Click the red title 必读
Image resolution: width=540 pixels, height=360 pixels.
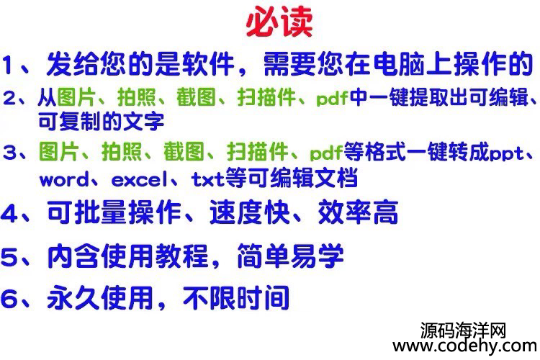tap(279, 22)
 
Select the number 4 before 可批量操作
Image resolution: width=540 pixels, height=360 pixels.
tap(9, 213)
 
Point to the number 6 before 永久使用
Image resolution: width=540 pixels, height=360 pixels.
tap(9, 298)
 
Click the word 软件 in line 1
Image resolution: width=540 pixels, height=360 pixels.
tap(208, 64)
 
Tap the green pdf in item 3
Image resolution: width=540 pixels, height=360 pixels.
tap(326, 153)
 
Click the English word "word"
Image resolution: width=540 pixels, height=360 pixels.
tap(64, 180)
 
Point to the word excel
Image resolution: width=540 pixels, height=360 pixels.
tap(140, 179)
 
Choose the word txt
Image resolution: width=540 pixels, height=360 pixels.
tap(207, 179)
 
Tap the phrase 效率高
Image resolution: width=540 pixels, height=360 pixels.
tap(358, 212)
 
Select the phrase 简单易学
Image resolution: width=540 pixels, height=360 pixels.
tap(291, 256)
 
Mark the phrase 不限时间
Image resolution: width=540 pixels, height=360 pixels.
tap(236, 298)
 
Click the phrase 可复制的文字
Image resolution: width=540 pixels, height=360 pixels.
tap(102, 121)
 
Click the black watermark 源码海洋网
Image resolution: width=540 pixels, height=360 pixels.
tap(463, 330)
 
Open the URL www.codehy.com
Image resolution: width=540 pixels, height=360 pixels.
tap(465, 346)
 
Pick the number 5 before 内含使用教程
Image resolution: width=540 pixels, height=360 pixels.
tap(9, 256)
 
